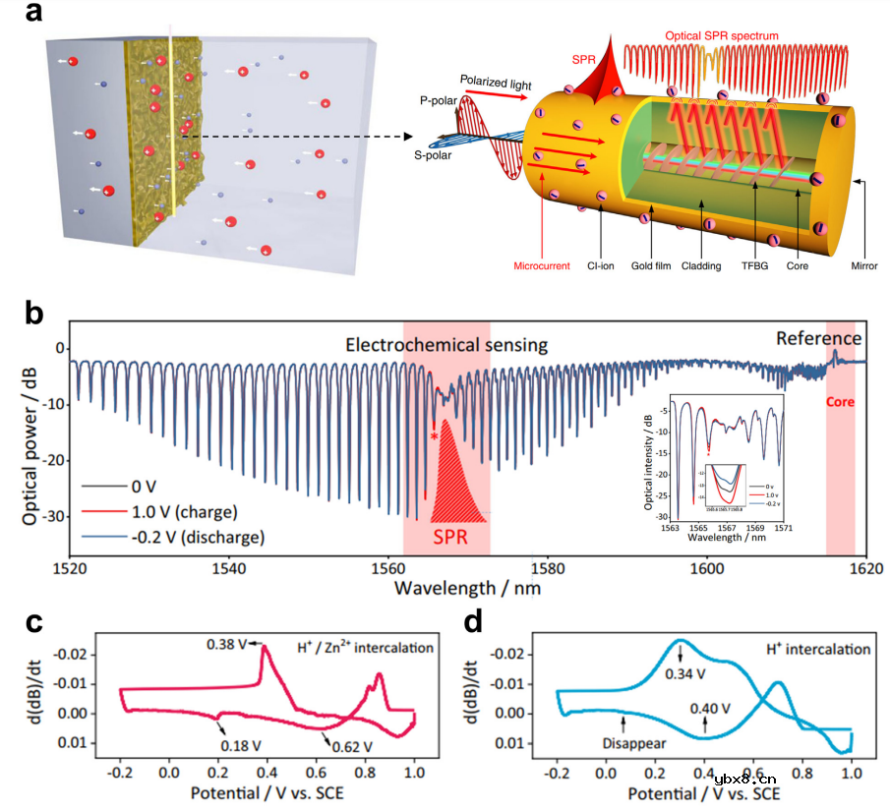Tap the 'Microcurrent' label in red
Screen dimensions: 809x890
click(x=542, y=265)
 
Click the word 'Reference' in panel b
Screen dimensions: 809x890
click(x=818, y=338)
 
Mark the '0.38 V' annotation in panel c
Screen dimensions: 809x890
click(x=225, y=645)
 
